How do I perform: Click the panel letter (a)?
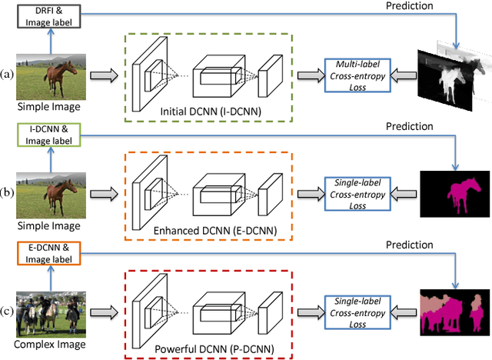point(8,75)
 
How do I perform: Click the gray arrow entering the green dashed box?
point(104,75)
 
